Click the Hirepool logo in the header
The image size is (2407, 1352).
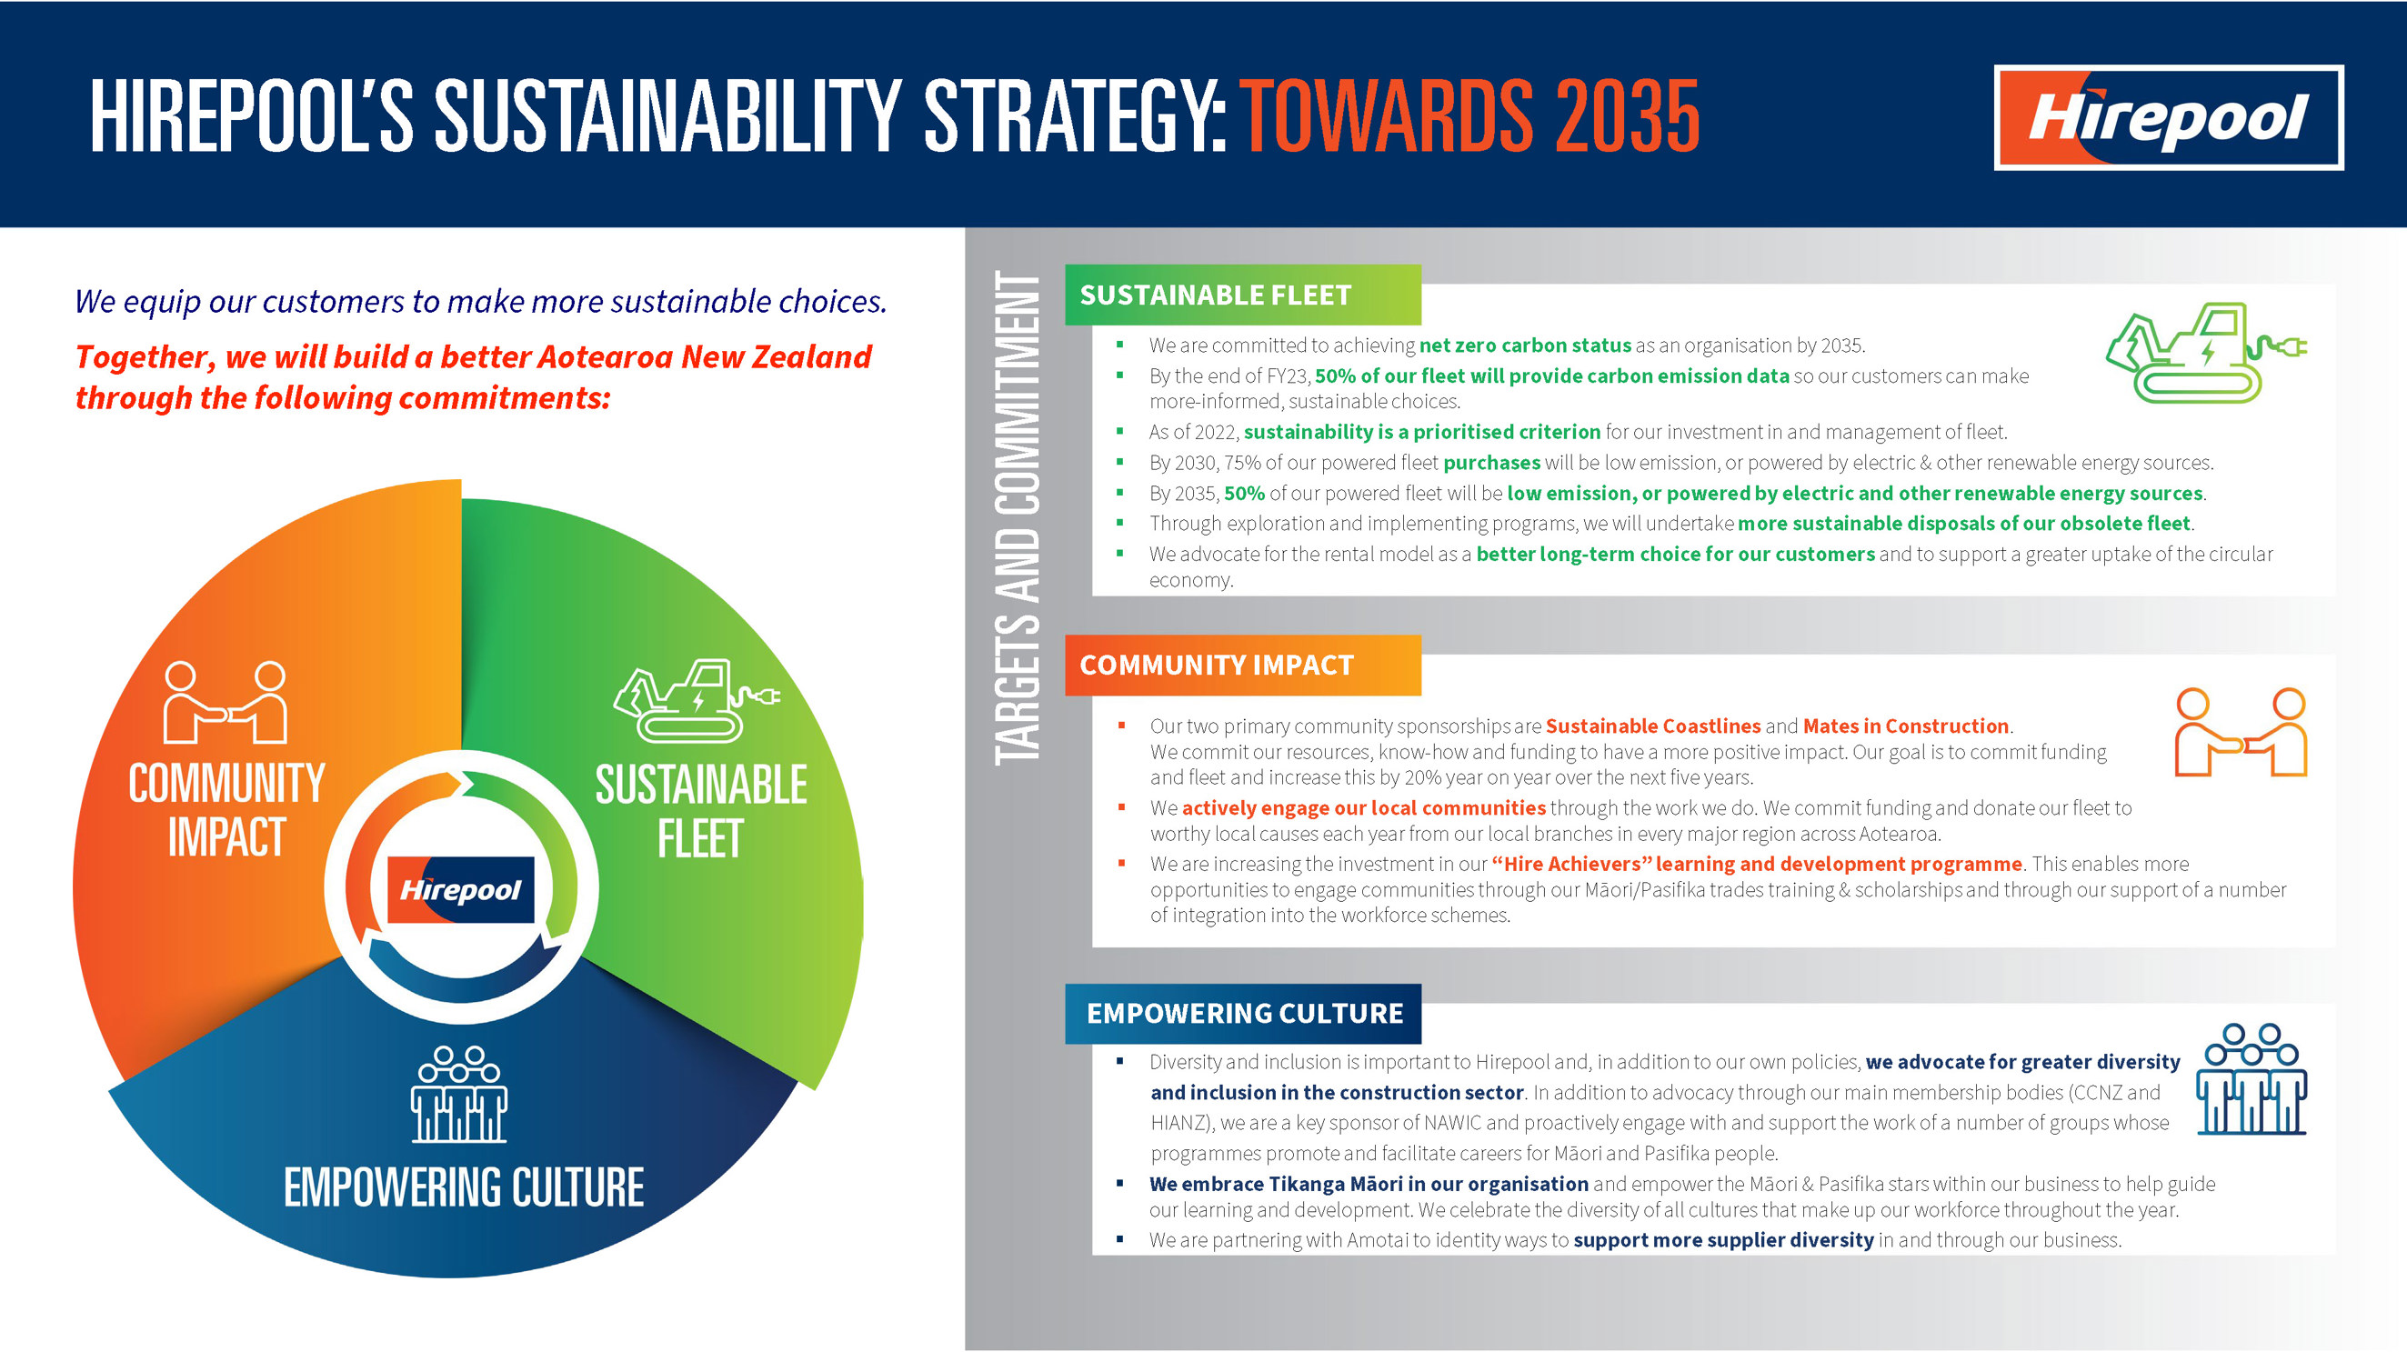(2169, 117)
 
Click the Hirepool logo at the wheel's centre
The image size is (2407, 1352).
(461, 889)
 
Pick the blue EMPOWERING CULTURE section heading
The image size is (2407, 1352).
(1243, 1014)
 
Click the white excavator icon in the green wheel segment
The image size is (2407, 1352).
(697, 701)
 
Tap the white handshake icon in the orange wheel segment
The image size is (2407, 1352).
(226, 703)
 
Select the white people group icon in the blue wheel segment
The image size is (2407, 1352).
(459, 1094)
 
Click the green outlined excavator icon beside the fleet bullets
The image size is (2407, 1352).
(2206, 352)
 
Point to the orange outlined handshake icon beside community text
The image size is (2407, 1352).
(2241, 733)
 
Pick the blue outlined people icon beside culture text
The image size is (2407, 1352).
(2252, 1079)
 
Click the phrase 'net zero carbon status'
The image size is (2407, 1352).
(1525, 346)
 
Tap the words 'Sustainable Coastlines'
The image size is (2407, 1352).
(1653, 726)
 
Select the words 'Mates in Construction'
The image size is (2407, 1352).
(1906, 726)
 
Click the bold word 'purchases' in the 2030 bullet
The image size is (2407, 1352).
(1491, 463)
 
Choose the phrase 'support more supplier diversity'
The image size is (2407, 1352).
(1724, 1240)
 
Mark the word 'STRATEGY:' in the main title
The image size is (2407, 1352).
(1075, 115)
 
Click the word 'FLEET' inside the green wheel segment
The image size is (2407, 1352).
(700, 838)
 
